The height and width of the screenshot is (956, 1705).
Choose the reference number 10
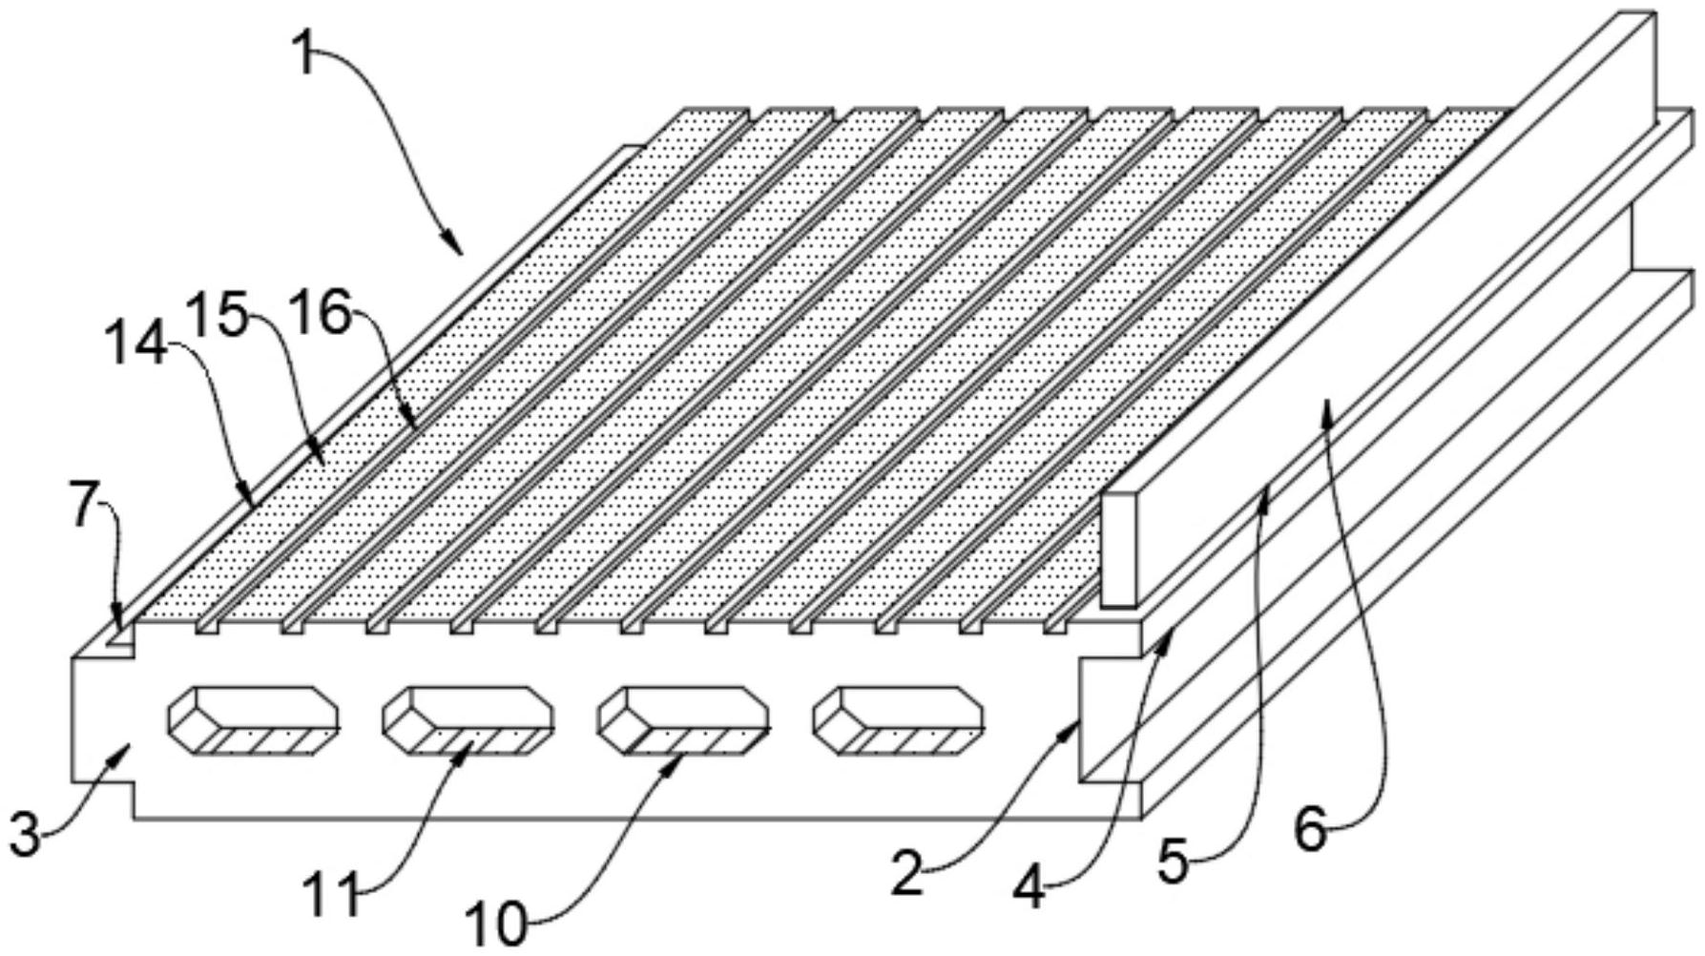[x=496, y=925]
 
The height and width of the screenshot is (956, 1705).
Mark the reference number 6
[x=1310, y=831]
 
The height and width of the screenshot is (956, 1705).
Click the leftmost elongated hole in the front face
[x=254, y=721]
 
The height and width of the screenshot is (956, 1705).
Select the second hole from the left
[x=468, y=721]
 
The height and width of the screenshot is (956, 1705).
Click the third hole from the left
[x=683, y=721]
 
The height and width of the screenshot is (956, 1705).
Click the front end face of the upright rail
[x=1120, y=550]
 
